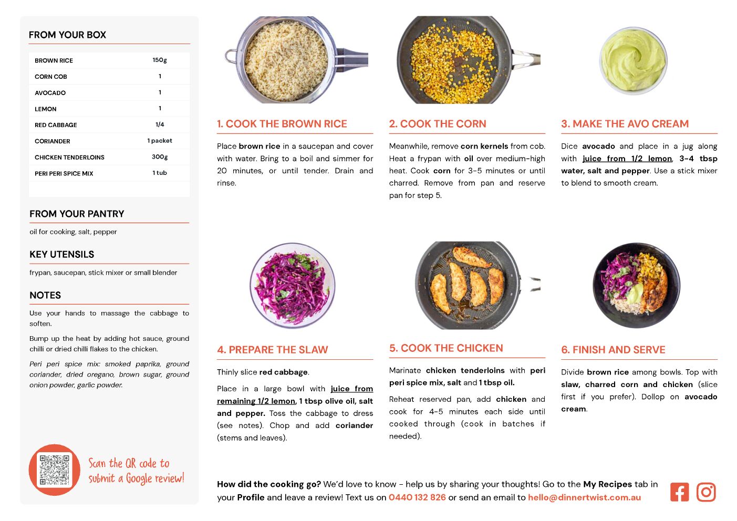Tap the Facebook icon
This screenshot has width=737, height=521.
point(679,492)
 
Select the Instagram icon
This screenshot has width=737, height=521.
point(706,492)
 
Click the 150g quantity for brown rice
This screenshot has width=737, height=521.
point(160,60)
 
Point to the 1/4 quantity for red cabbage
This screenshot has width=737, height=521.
point(160,124)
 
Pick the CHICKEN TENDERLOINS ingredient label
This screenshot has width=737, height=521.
point(69,158)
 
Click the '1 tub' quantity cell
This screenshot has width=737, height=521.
point(160,173)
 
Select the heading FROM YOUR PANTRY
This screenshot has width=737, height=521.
point(77,214)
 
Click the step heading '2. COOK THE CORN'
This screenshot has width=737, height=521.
point(438,123)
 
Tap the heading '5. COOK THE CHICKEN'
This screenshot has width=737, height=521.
point(446,348)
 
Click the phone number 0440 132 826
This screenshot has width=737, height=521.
point(417,497)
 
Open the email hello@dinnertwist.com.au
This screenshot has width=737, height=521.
point(585,497)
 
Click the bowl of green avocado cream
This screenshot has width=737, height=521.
point(633,61)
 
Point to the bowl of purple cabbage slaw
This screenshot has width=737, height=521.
point(292,286)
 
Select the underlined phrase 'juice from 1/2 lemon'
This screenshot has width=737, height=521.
point(627,159)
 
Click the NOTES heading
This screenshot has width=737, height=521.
point(45,295)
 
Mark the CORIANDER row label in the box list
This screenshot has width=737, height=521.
point(53,141)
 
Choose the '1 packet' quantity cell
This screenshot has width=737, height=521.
point(160,141)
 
